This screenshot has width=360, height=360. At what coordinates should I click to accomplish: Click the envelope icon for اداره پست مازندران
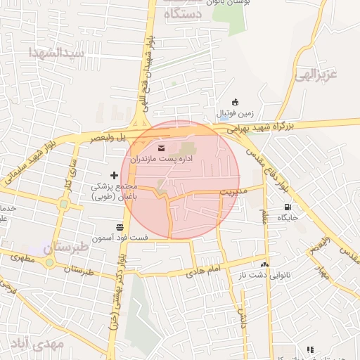[x=163, y=148]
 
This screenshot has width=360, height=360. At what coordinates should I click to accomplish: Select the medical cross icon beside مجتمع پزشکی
[x=115, y=174]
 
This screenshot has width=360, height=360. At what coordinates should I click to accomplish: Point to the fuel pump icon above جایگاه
[x=287, y=207]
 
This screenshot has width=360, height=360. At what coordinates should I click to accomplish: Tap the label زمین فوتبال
[x=234, y=113]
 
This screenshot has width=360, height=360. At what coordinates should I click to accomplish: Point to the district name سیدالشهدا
[x=56, y=52]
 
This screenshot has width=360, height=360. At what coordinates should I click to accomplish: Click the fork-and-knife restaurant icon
[x=309, y=349]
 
